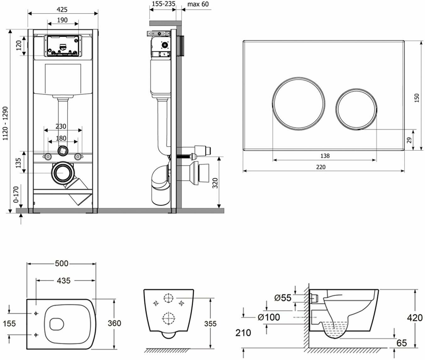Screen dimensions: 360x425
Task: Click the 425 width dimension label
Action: (x=62, y=9)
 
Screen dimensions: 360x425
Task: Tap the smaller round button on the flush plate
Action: (x=356, y=107)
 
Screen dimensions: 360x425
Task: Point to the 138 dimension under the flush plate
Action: (x=325, y=155)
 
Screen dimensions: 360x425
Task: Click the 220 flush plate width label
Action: (x=321, y=167)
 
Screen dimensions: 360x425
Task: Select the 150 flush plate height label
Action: (x=417, y=98)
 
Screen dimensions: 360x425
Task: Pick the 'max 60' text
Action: (x=198, y=4)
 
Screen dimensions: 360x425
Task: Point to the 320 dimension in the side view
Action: (x=215, y=183)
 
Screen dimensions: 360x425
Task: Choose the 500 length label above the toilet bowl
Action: (x=62, y=263)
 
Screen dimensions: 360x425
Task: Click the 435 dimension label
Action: (x=64, y=280)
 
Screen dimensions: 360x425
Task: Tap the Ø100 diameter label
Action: (x=269, y=317)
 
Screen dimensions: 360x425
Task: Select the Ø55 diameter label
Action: (x=283, y=298)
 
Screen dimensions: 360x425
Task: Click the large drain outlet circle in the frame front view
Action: (x=63, y=173)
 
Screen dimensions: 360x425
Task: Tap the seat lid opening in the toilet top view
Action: (x=57, y=323)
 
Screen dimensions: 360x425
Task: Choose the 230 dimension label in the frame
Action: (x=61, y=126)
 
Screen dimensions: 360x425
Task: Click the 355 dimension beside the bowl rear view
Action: (x=210, y=323)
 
